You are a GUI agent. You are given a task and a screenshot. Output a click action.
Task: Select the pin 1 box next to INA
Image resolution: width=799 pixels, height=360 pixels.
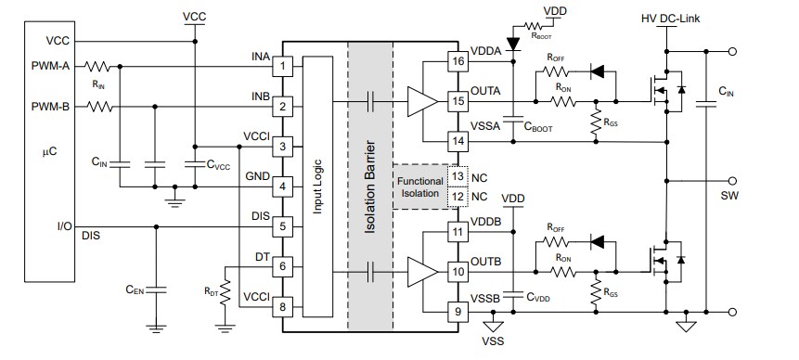[x=286, y=66]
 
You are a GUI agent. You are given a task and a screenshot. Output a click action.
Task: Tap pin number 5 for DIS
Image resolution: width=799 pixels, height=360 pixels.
[x=286, y=225]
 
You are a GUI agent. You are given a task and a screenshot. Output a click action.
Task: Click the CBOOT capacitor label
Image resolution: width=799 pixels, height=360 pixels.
[x=537, y=128]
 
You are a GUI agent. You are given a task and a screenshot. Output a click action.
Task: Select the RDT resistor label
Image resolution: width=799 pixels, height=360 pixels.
[x=212, y=289]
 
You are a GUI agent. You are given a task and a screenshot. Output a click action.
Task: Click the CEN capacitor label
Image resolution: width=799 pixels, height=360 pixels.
[x=135, y=290]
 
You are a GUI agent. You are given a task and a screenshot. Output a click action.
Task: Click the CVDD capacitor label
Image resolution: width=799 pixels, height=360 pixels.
[x=539, y=298]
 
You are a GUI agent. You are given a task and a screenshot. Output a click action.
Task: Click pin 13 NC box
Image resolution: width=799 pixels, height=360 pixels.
[x=457, y=175]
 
